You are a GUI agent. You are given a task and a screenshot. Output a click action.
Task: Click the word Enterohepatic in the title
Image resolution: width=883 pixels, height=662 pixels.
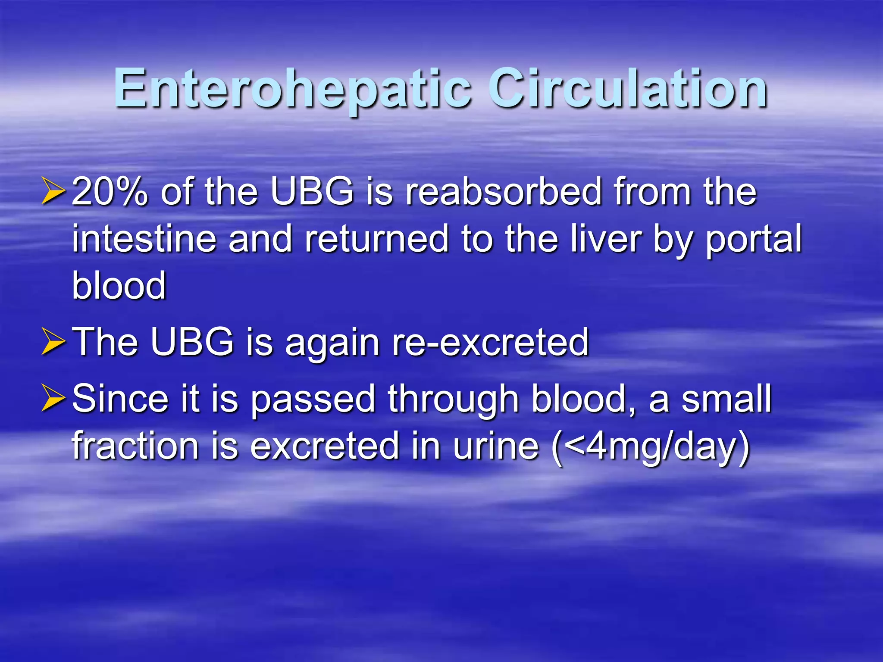point(293,89)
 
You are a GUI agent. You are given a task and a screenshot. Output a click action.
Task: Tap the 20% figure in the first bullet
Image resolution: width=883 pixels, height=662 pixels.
point(110,192)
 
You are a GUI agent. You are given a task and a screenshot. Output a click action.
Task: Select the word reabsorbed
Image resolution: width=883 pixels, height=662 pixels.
point(503,192)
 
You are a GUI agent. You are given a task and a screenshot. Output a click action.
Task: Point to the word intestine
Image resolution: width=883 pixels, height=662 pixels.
point(144,239)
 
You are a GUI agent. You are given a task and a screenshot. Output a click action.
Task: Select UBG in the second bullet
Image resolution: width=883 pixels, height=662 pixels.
point(192,342)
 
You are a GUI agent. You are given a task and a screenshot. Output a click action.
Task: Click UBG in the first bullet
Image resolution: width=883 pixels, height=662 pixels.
point(312,192)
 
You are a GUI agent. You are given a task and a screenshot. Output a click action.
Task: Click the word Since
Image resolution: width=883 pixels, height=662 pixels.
point(120,399)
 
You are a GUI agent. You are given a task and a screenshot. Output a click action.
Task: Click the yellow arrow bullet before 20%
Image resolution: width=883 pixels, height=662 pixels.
point(53,193)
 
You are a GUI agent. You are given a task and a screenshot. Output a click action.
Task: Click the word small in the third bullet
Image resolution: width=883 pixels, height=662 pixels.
point(726,399)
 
